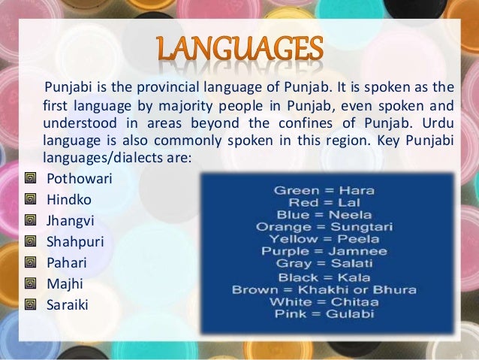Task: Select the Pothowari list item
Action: (x=76, y=180)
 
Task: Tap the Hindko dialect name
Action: (x=67, y=201)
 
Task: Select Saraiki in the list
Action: (x=67, y=306)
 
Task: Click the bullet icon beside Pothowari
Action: (x=31, y=180)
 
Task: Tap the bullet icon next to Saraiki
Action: (x=31, y=306)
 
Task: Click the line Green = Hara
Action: (x=324, y=190)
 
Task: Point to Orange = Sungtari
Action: (x=324, y=226)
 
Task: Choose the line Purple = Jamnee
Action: (x=324, y=251)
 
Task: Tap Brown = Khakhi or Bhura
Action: (x=324, y=288)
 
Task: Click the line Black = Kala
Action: (x=324, y=276)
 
